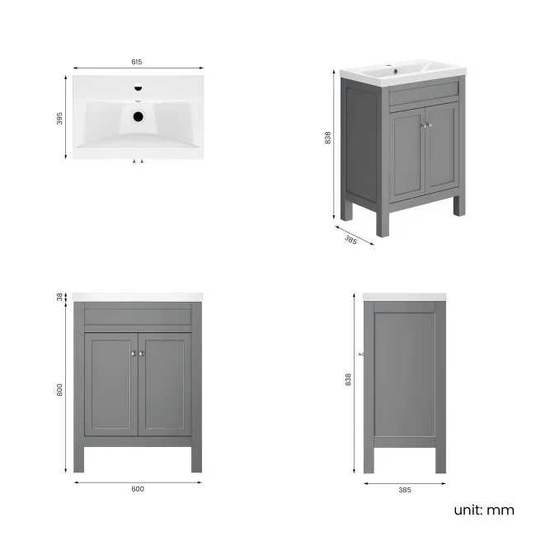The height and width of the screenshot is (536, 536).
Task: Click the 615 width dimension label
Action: (x=137, y=62)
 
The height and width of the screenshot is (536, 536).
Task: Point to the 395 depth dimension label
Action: (x=60, y=118)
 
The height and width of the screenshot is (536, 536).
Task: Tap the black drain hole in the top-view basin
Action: (x=138, y=116)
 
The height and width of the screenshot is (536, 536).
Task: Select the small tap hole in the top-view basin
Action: (x=138, y=87)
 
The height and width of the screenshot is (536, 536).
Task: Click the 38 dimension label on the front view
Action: (x=60, y=297)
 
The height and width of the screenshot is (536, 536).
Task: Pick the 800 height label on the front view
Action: (x=60, y=391)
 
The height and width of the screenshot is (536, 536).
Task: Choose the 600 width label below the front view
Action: (x=138, y=489)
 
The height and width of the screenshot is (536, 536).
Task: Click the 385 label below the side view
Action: (x=404, y=489)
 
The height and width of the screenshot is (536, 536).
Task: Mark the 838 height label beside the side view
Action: (x=349, y=378)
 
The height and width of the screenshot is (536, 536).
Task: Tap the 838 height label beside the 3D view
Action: (x=328, y=138)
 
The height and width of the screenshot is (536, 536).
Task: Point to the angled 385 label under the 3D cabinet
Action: (x=350, y=240)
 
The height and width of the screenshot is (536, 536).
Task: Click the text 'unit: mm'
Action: (x=483, y=510)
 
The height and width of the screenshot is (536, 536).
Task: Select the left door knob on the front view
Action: (x=133, y=353)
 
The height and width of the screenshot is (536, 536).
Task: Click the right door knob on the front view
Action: (x=142, y=353)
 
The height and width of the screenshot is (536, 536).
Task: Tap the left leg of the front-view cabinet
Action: (x=80, y=458)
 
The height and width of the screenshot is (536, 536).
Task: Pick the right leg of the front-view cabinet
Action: (x=196, y=458)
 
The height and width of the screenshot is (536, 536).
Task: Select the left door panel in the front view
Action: (x=110, y=386)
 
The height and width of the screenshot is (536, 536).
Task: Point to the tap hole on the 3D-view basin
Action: (x=397, y=71)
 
